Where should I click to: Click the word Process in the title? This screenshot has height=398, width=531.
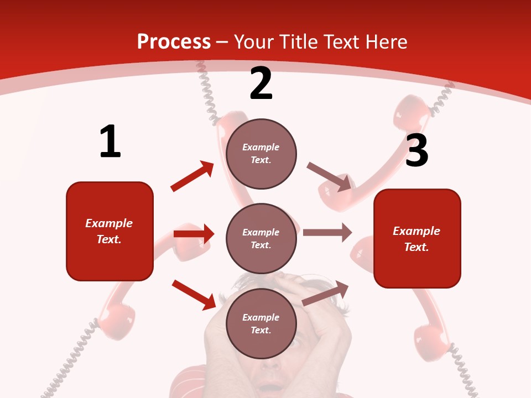174,41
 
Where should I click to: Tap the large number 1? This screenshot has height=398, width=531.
110,142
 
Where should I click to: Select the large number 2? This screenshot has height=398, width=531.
261,83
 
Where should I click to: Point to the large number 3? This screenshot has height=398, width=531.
417,150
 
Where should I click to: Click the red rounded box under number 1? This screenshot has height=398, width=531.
110,231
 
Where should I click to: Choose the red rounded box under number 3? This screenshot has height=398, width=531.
417,238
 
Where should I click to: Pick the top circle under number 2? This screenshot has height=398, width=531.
261,153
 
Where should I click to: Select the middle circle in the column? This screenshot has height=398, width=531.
261,238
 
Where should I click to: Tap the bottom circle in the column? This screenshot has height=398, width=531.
261,323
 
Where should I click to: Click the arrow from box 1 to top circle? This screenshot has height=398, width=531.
192,176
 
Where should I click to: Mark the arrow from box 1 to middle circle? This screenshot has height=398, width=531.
194,234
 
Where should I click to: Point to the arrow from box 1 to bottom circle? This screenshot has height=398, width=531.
194,294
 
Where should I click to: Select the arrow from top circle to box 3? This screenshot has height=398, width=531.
329,176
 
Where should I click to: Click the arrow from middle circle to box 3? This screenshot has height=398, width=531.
327,233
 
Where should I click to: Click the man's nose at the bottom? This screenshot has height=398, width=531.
269,365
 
